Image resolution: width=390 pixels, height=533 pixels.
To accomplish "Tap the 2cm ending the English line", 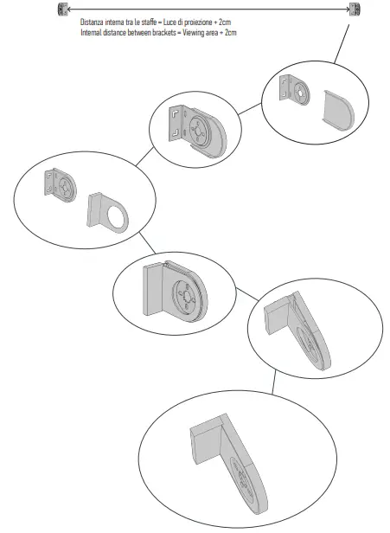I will tap(228, 32).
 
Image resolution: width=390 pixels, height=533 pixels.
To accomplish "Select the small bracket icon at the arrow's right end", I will tap(355, 10).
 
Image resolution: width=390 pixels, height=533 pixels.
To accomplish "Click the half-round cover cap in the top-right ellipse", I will tap(333, 109).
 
